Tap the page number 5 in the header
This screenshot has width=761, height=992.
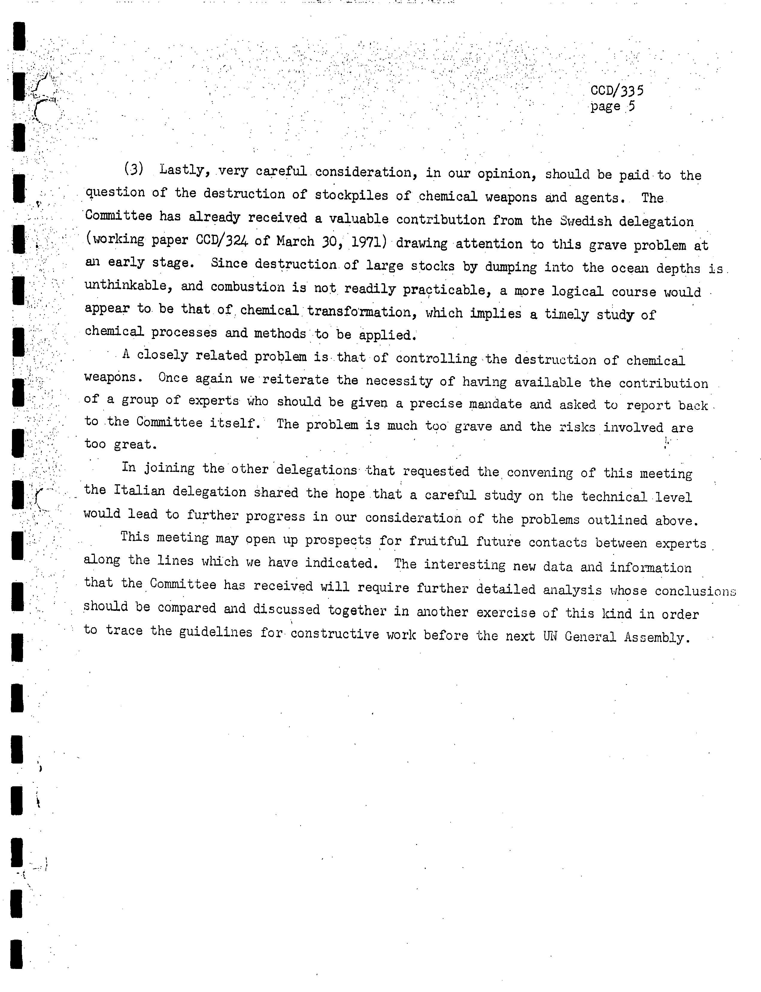[x=631, y=107]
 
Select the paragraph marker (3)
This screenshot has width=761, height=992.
[x=134, y=169]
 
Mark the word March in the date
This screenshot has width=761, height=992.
[x=295, y=241]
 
